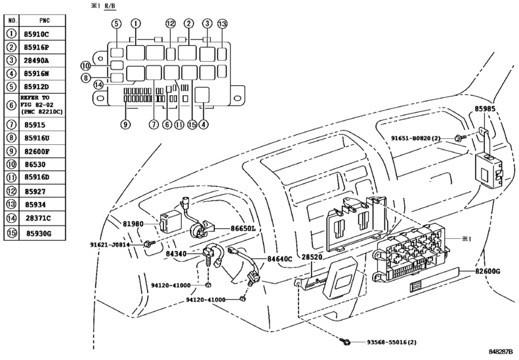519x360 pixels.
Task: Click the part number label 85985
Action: point(494,110)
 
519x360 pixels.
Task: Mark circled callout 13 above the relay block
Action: point(222,24)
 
